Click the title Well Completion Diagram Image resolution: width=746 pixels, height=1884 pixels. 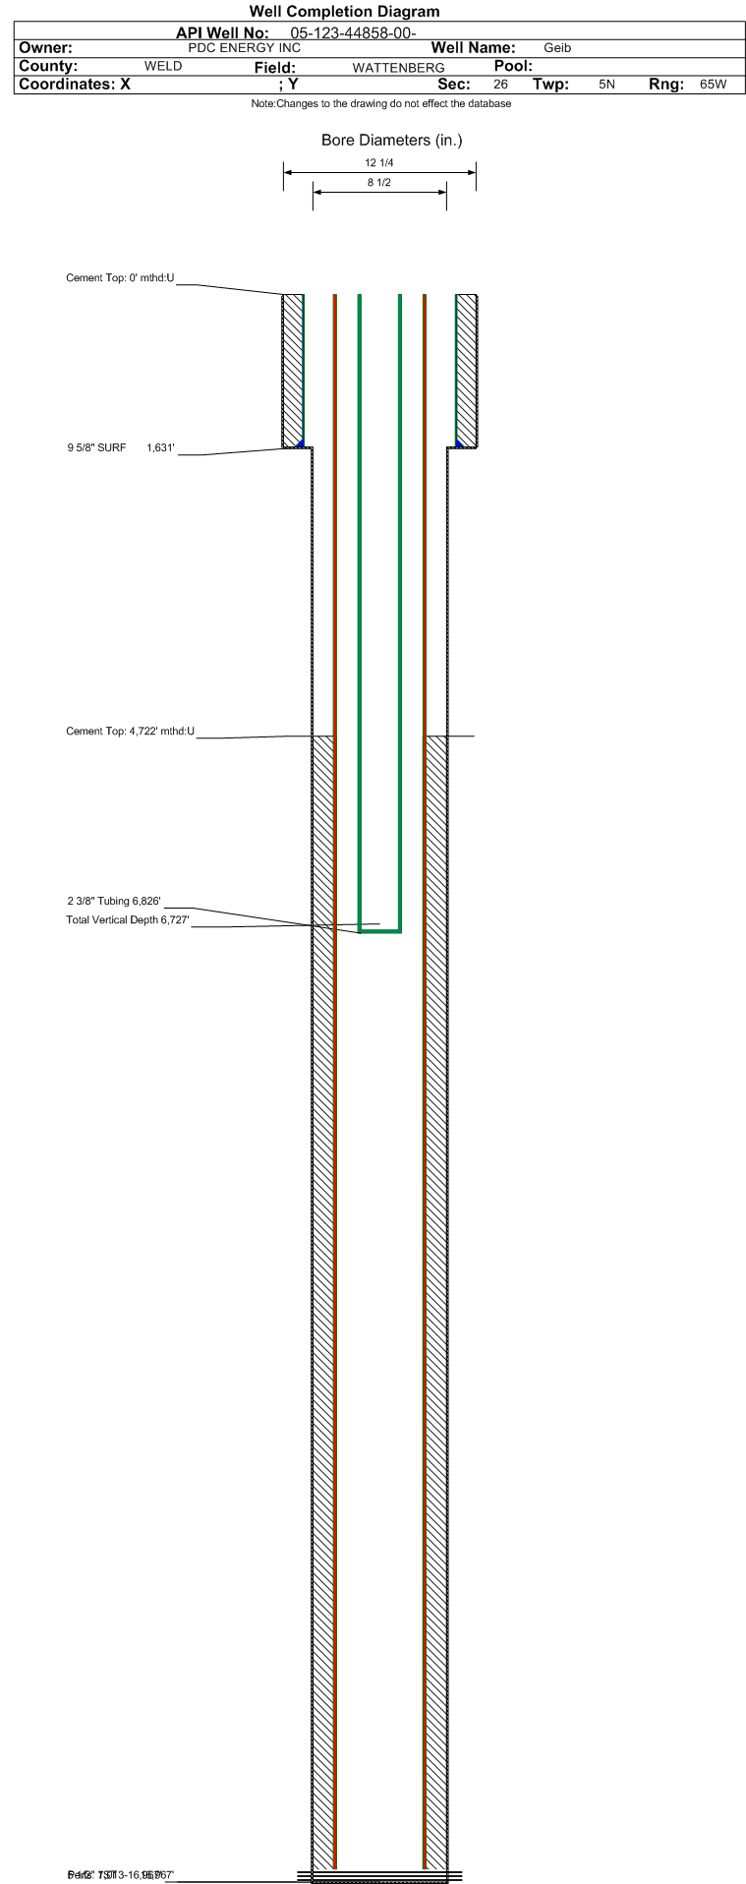344,12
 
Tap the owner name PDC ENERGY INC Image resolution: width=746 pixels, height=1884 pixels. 244,48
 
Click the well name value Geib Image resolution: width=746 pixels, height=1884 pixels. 557,48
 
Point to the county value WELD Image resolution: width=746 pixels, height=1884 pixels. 163,67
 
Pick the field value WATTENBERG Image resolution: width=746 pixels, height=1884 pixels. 398,68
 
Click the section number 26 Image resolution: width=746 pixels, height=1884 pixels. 500,85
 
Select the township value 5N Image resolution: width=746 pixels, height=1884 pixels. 606,85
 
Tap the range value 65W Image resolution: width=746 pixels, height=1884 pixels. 713,85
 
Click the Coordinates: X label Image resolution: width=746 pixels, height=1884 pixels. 75,85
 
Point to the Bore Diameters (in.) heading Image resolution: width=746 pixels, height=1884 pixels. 391,141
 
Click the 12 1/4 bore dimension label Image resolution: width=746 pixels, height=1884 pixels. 378,163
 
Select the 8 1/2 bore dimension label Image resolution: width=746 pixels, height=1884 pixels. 379,183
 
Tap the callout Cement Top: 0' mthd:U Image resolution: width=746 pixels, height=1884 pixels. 120,278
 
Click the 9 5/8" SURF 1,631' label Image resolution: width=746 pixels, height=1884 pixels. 121,448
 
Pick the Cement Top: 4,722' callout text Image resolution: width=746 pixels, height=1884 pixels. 130,732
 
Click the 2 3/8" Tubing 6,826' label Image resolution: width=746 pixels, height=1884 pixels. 114,901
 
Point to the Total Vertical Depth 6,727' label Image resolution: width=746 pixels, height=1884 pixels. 127,920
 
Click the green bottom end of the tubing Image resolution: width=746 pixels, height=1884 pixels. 380,930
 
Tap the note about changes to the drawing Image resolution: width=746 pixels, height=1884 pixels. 380,104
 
